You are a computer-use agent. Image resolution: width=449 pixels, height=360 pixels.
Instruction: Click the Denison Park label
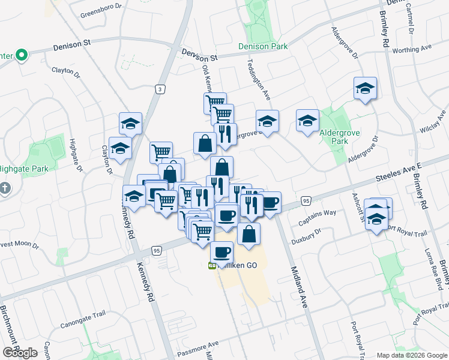pyautogui.click(x=263, y=46)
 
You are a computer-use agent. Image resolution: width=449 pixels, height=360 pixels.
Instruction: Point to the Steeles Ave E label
pyautogui.click(x=400, y=175)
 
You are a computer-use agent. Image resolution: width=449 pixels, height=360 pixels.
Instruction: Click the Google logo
pyautogui.click(x=20, y=352)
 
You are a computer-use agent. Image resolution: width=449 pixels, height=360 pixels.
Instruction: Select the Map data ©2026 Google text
pyautogui.click(x=412, y=355)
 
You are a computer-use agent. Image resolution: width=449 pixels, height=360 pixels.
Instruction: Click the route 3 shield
pyautogui.click(x=160, y=89)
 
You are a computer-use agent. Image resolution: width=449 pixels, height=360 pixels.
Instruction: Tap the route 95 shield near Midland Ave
pyautogui.click(x=306, y=200)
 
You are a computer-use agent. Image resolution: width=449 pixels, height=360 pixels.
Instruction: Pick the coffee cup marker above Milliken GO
pyautogui.click(x=221, y=253)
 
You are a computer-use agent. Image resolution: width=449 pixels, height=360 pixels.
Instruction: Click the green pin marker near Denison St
pyautogui.click(x=22, y=56)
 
